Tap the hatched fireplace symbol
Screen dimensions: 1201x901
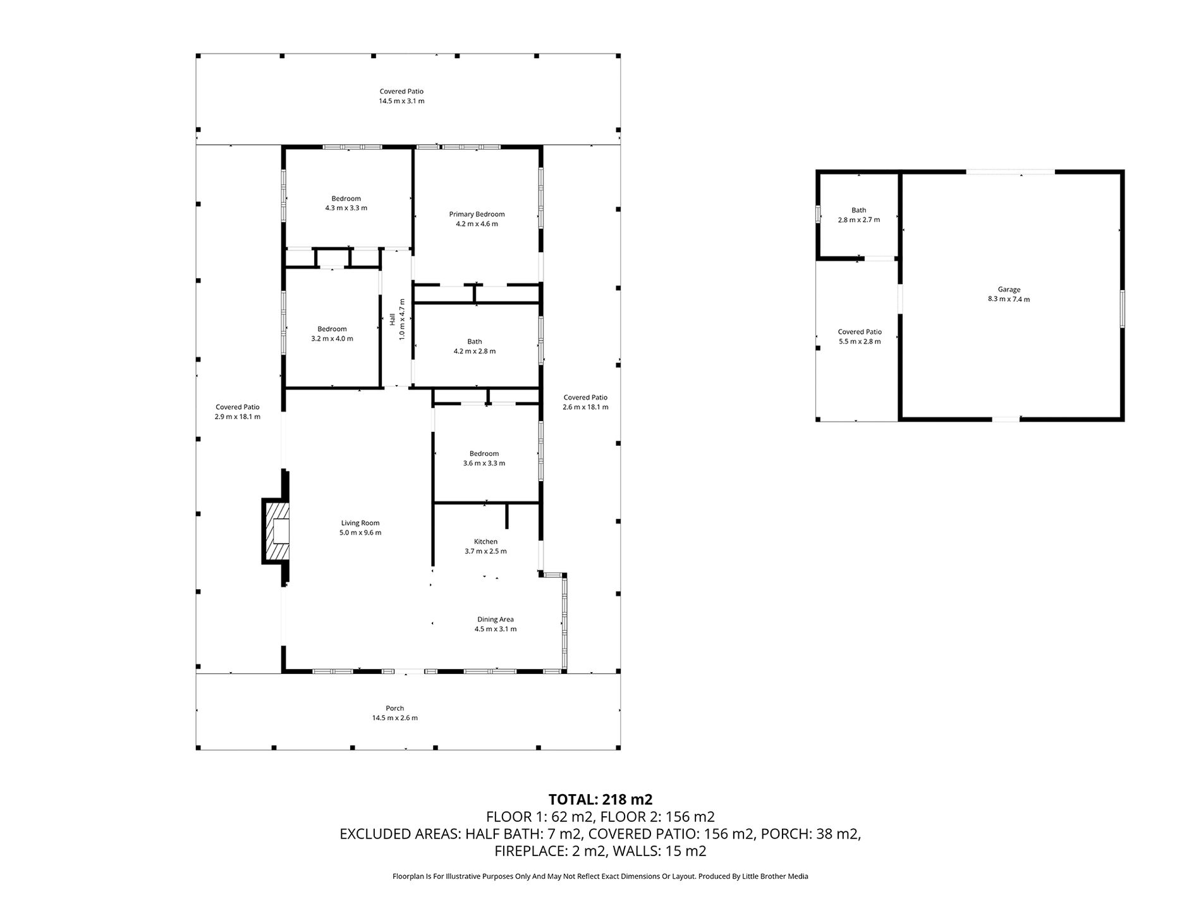[276, 531]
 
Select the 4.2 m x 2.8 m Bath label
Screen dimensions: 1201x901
[475, 346]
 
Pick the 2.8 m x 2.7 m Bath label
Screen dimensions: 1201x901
[859, 215]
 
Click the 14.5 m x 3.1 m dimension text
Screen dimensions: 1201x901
[401, 101]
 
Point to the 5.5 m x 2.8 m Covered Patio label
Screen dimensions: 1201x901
[860, 336]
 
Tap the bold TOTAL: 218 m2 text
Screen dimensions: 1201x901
[600, 799]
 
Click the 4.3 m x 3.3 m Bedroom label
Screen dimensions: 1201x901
[346, 203]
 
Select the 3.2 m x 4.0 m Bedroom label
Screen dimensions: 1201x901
[332, 334]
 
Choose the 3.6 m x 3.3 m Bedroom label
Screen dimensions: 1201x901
[484, 458]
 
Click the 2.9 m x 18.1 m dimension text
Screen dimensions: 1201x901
[238, 417]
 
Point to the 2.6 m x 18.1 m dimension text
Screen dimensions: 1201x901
[585, 407]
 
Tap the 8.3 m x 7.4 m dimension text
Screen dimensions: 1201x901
[1009, 300]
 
